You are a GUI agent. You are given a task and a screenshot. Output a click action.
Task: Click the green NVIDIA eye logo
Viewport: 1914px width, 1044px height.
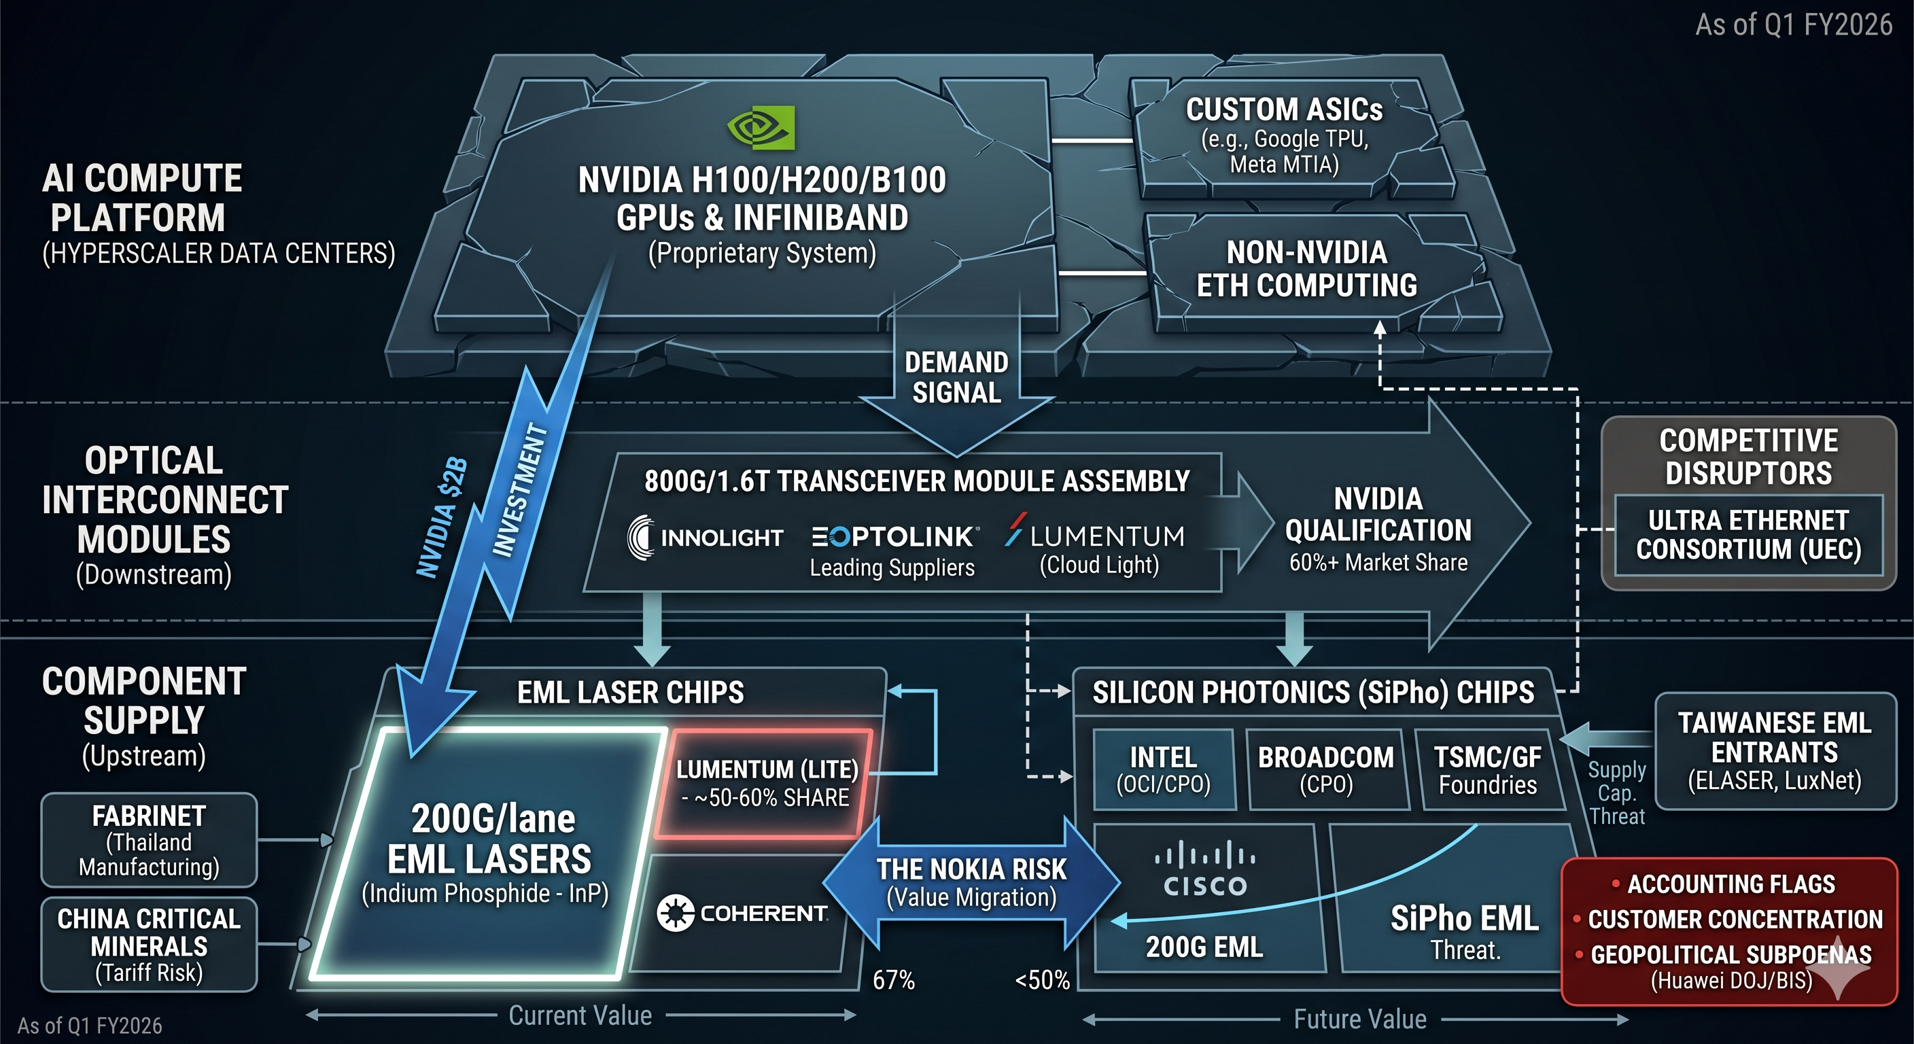pyautogui.click(x=761, y=127)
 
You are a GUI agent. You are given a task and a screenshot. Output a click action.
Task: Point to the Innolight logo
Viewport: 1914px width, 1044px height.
pyautogui.click(x=705, y=537)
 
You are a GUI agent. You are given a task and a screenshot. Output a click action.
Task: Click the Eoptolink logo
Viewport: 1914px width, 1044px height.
pyautogui.click(x=894, y=536)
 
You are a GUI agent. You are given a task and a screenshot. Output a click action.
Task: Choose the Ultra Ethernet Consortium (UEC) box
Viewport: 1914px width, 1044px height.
pyautogui.click(x=1748, y=535)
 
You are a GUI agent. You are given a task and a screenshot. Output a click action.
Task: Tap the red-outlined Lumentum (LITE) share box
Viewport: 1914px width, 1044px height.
pyautogui.click(x=766, y=783)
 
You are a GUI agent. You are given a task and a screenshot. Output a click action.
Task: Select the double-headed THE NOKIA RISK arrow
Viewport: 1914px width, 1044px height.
pyautogui.click(x=971, y=883)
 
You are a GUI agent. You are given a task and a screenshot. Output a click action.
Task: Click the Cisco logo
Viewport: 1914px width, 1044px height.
pyautogui.click(x=1204, y=869)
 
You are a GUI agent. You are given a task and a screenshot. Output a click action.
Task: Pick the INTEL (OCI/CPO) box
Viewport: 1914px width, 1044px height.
pyautogui.click(x=1164, y=770)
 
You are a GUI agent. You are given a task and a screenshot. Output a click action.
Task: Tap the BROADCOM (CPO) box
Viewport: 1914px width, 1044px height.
pyautogui.click(x=1326, y=770)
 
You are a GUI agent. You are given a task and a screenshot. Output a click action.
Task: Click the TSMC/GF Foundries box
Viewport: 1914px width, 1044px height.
pyautogui.click(x=1489, y=770)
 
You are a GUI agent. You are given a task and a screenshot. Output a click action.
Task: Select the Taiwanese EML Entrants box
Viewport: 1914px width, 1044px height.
pyautogui.click(x=1774, y=751)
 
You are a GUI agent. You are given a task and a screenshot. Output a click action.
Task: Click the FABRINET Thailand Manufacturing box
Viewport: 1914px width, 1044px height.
pyautogui.click(x=149, y=840)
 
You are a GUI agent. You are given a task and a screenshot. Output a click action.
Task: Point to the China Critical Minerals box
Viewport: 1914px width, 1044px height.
pyautogui.click(x=149, y=945)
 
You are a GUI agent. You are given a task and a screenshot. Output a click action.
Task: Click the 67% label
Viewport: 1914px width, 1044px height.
pyautogui.click(x=893, y=980)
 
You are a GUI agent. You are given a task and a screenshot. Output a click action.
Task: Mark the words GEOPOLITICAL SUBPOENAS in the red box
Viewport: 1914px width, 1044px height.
pyautogui.click(x=1731, y=955)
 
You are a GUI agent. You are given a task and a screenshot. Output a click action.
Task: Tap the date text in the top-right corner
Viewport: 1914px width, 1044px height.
pyautogui.click(x=1794, y=25)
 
